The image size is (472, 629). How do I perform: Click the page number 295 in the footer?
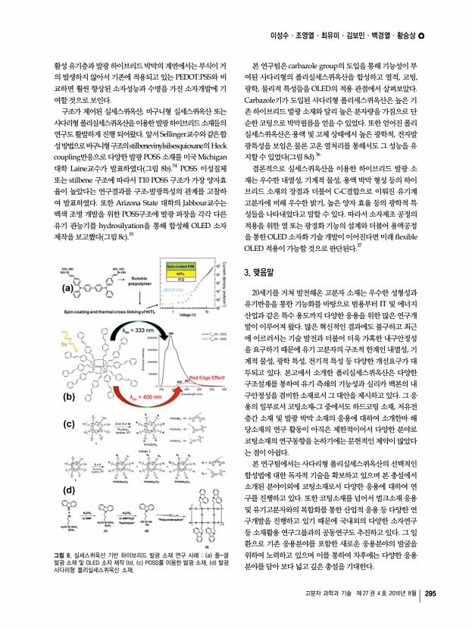(431, 593)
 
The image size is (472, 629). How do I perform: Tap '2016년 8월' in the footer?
(395, 593)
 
